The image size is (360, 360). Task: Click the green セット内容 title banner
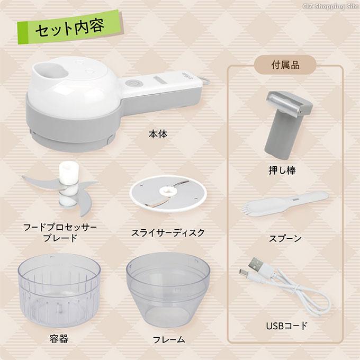pyautogui.click(x=70, y=27)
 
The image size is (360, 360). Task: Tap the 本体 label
pyautogui.click(x=158, y=134)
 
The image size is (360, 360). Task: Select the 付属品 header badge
pyautogui.click(x=285, y=65)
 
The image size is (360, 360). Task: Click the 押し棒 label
pyautogui.click(x=282, y=170)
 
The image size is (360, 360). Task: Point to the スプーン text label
pyautogui.click(x=285, y=238)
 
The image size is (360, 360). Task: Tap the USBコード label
pyautogui.click(x=286, y=326)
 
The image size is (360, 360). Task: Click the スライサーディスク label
pyautogui.click(x=168, y=233)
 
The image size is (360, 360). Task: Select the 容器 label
pyautogui.click(x=59, y=339)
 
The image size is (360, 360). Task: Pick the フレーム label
pyautogui.click(x=169, y=339)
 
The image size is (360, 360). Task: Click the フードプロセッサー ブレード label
pyautogui.click(x=60, y=232)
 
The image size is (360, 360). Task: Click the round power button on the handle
pyautogui.click(x=132, y=83)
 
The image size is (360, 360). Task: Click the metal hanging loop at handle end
pyautogui.click(x=205, y=80)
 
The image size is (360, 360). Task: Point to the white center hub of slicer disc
pyautogui.click(x=168, y=191)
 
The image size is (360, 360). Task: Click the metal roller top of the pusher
pyautogui.click(x=289, y=102)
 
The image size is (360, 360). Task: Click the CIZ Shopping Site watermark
pyautogui.click(x=330, y=6)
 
